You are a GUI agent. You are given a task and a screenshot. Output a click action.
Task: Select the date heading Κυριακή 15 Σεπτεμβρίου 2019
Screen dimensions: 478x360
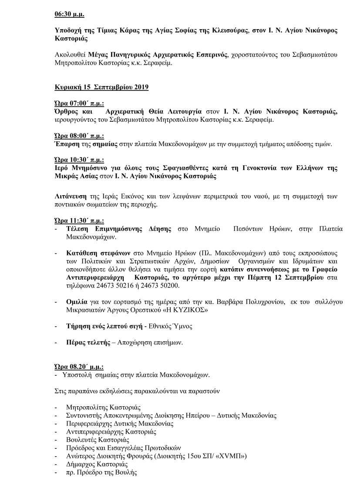101,87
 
